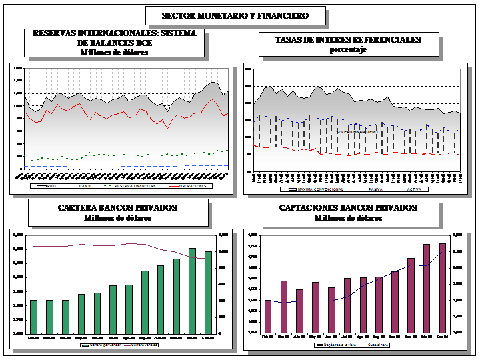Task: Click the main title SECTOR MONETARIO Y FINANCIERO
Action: [x=244, y=15]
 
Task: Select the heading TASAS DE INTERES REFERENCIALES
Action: [x=348, y=40]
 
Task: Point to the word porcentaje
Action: [x=348, y=50]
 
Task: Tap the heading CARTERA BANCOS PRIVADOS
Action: [x=117, y=208]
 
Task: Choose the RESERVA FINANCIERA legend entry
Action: [x=136, y=186]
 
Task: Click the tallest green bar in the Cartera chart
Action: [x=192, y=290]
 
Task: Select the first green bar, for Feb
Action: [x=34, y=316]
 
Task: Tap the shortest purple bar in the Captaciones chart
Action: [x=268, y=315]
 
